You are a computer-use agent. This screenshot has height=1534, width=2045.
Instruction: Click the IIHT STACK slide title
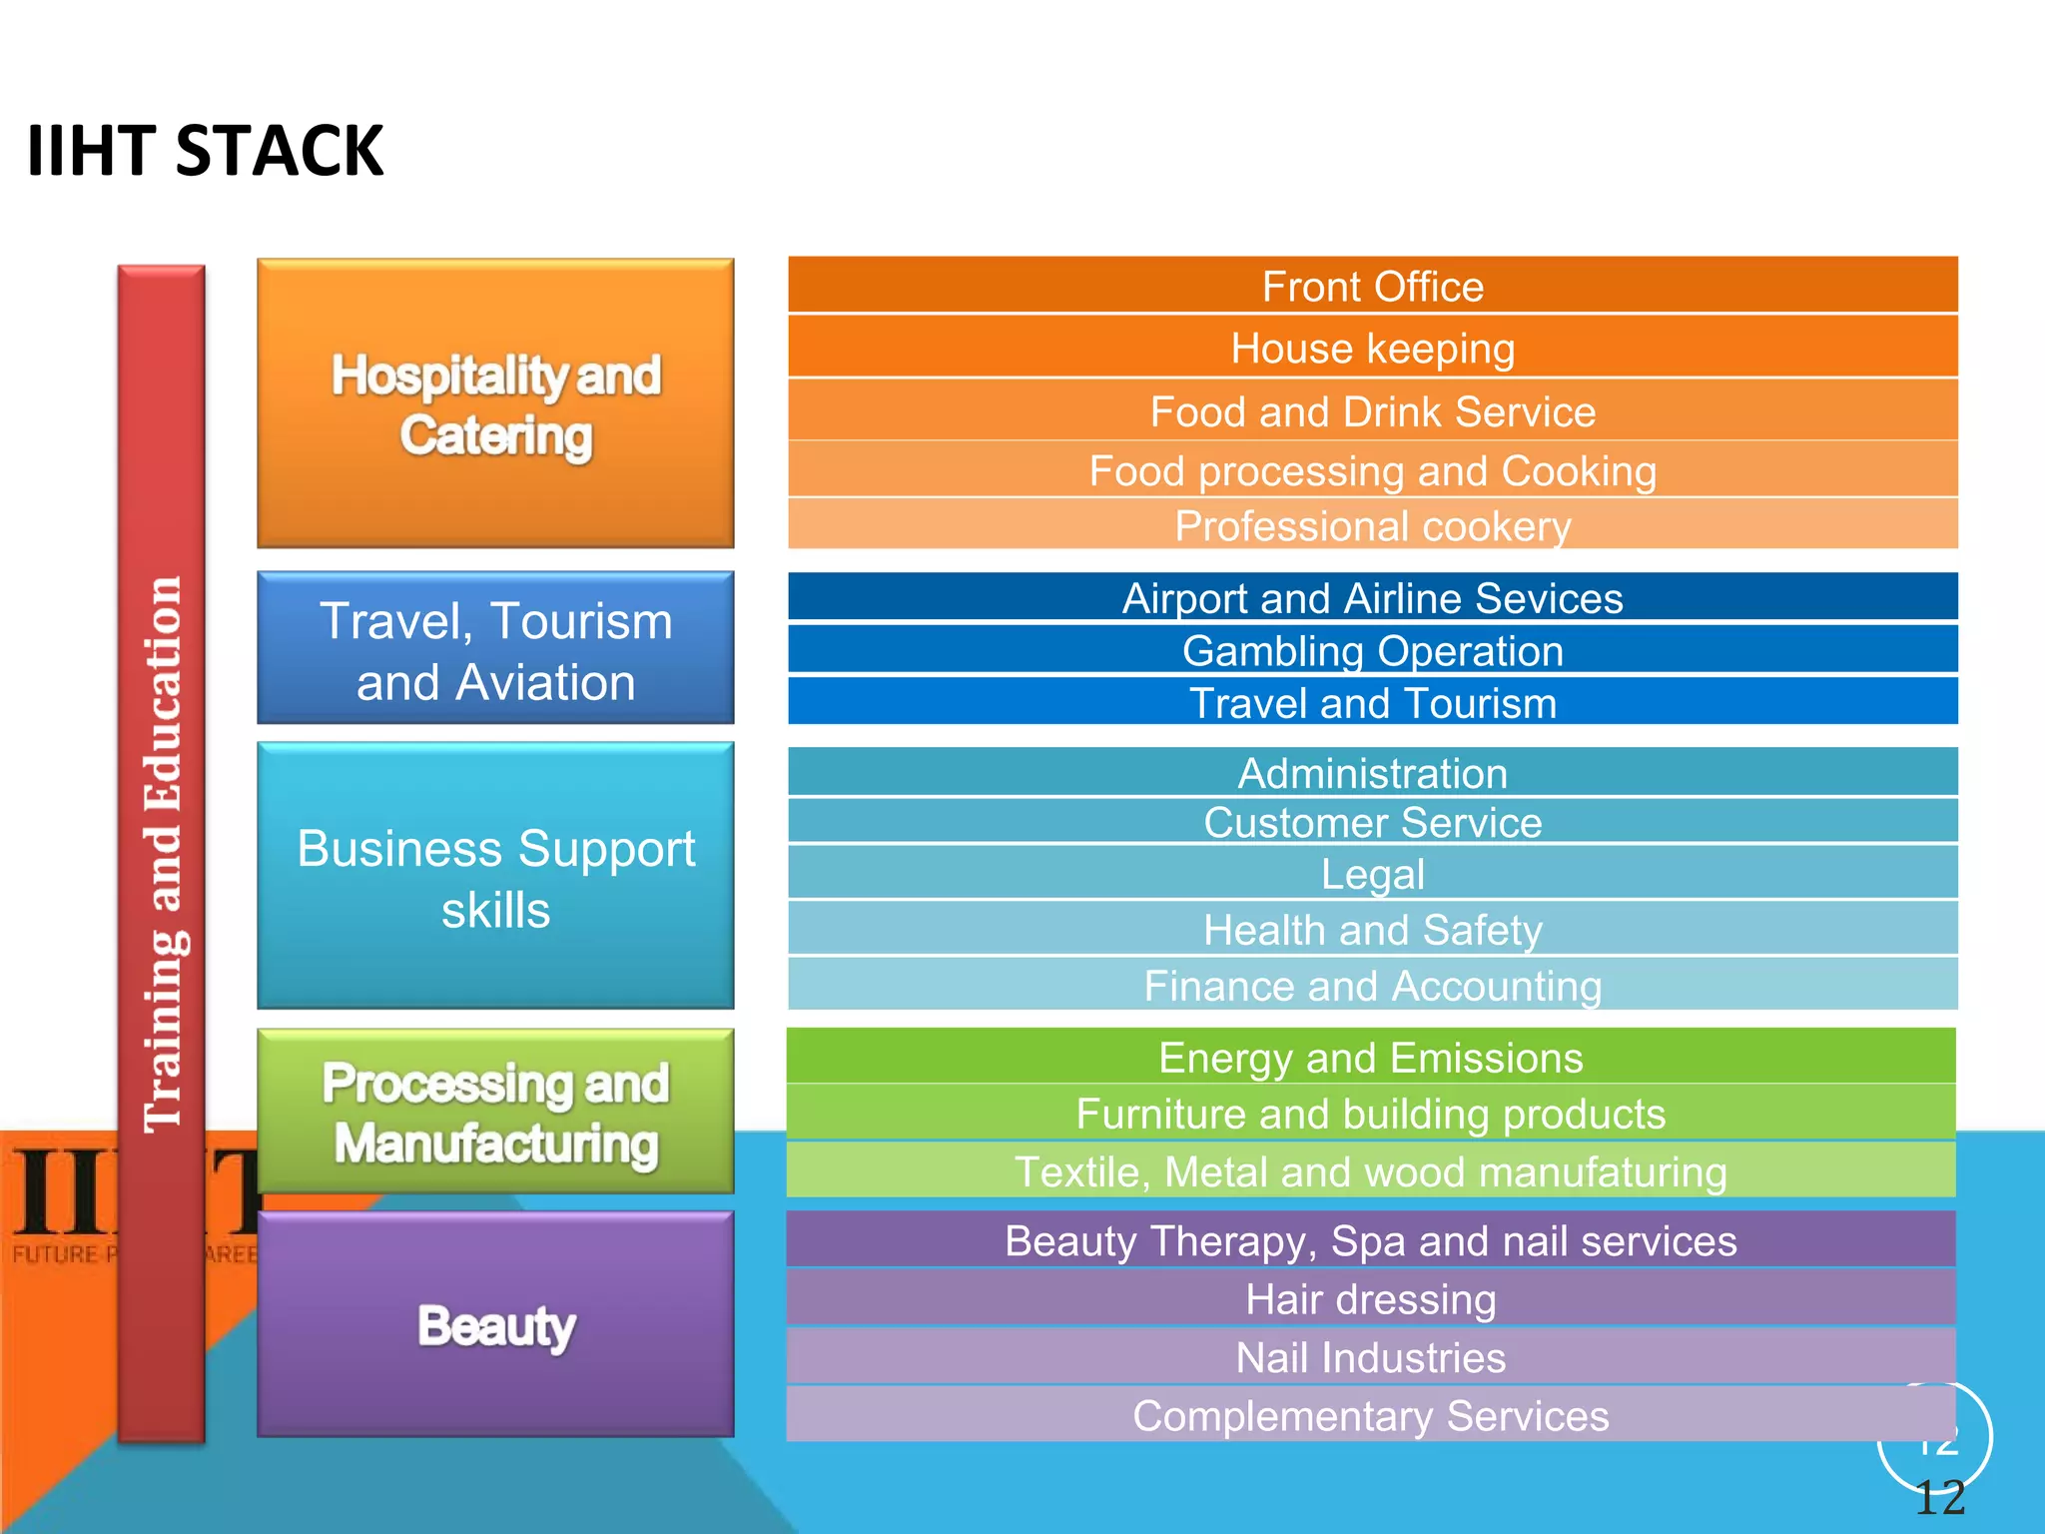205,152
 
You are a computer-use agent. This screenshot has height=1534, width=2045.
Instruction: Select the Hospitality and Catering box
495,403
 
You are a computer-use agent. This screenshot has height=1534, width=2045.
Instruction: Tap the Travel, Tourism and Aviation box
495,649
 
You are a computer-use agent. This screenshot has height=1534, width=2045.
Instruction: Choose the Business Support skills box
495,877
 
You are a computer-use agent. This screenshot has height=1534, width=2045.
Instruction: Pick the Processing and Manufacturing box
495,1113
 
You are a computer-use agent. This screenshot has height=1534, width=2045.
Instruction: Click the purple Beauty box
495,1325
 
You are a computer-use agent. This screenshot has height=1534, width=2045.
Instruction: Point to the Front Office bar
1372,287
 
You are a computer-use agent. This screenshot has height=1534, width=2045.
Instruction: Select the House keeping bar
1372,349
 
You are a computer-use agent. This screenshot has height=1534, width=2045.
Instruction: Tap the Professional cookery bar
1372,525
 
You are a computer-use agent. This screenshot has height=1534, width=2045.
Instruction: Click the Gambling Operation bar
1372,651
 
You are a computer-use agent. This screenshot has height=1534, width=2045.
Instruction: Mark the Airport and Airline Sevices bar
1372,598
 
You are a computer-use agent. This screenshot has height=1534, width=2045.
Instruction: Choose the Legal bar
1372,874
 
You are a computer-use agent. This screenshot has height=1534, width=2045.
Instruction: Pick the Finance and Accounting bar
1372,986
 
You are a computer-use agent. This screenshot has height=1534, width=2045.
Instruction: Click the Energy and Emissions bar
1370,1058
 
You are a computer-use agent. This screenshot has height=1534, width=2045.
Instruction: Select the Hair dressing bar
1370,1299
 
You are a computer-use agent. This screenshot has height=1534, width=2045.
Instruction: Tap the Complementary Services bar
1370,1415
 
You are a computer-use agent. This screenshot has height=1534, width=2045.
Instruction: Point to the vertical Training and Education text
163,854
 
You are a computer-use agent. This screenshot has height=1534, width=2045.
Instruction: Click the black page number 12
1940,1498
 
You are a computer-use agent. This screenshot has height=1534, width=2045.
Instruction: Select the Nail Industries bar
1370,1357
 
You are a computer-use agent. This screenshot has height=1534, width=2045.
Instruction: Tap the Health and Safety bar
1372,930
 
